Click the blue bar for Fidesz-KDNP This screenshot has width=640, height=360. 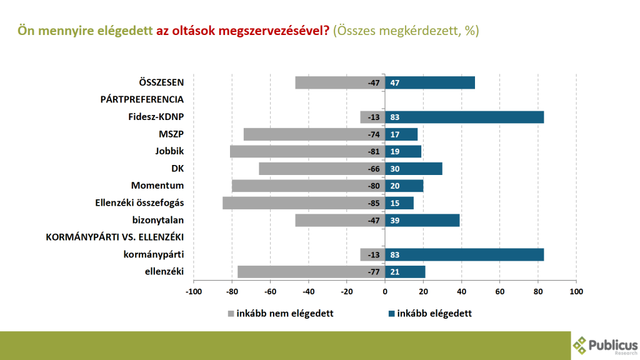[x=464, y=117]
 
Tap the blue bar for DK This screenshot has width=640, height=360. [x=414, y=169]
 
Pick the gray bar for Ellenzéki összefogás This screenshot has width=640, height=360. [x=304, y=203]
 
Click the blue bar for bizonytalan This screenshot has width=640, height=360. [x=422, y=220]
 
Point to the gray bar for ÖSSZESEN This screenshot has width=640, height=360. [x=340, y=82]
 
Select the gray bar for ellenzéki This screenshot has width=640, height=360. [x=311, y=271]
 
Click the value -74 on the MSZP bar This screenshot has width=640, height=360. [x=374, y=134]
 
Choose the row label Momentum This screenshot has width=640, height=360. [x=157, y=186]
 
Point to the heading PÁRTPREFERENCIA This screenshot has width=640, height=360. [x=142, y=99]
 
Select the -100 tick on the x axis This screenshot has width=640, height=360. [x=194, y=292]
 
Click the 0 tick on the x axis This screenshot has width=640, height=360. [x=385, y=292]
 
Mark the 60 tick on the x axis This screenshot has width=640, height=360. [x=500, y=292]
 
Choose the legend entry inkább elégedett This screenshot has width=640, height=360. [x=430, y=314]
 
